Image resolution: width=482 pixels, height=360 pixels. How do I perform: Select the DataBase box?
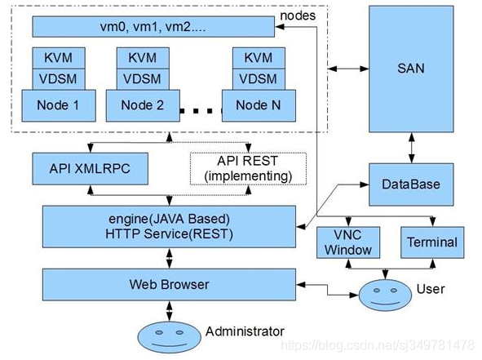tap(410, 184)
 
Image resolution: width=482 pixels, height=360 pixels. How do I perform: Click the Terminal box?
tap(431, 242)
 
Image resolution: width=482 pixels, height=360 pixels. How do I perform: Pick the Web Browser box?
tap(169, 285)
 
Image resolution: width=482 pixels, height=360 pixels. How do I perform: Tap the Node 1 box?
tap(59, 105)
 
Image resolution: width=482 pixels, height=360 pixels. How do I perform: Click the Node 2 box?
tap(143, 105)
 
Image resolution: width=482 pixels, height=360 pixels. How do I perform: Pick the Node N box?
tap(258, 105)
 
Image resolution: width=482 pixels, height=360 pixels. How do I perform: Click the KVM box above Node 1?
tap(59, 58)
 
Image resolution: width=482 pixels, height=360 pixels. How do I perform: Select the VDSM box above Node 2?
tap(143, 79)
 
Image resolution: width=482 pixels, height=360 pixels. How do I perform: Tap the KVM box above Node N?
tap(258, 58)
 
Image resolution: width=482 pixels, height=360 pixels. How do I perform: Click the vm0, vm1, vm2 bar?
tap(153, 27)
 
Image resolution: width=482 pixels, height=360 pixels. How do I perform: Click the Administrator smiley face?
tap(169, 335)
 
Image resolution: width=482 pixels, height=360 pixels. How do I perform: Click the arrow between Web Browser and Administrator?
tap(169, 310)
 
